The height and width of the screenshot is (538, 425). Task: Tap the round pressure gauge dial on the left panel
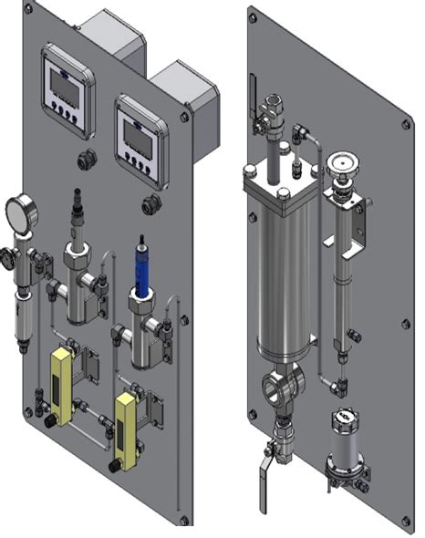(x=19, y=212)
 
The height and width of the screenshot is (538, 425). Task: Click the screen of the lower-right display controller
(x=137, y=134)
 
